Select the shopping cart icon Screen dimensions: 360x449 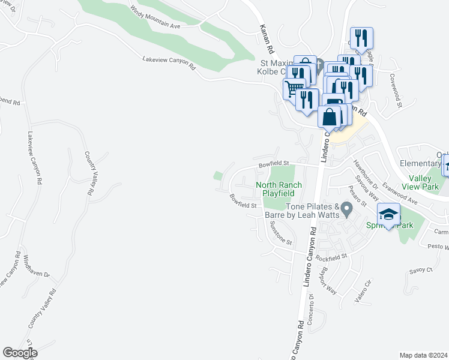pyautogui.click(x=293, y=89)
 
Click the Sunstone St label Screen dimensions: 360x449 pyautogui.click(x=280, y=234)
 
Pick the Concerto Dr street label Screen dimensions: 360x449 pyautogui.click(x=311, y=308)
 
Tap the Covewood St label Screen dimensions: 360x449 pyautogui.click(x=396, y=91)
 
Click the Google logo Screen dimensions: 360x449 pyautogui.click(x=20, y=353)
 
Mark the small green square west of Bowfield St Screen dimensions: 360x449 pyautogui.click(x=217, y=175)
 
